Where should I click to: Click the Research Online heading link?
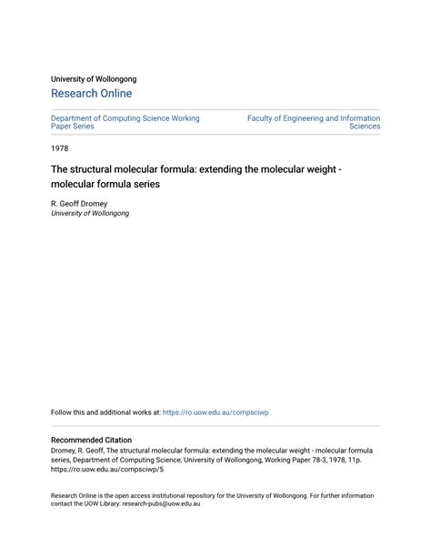(91, 94)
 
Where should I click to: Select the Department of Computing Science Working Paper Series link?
(125, 122)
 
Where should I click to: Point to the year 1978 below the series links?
(59, 147)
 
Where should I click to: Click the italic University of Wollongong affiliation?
(90, 214)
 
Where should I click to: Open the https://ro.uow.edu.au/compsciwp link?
(215, 412)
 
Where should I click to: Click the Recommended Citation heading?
(91, 440)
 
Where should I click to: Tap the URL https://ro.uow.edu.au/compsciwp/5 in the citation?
(107, 472)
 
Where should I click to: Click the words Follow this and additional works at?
(105, 412)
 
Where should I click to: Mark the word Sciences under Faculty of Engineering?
(365, 127)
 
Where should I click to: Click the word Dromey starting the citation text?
(66, 451)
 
